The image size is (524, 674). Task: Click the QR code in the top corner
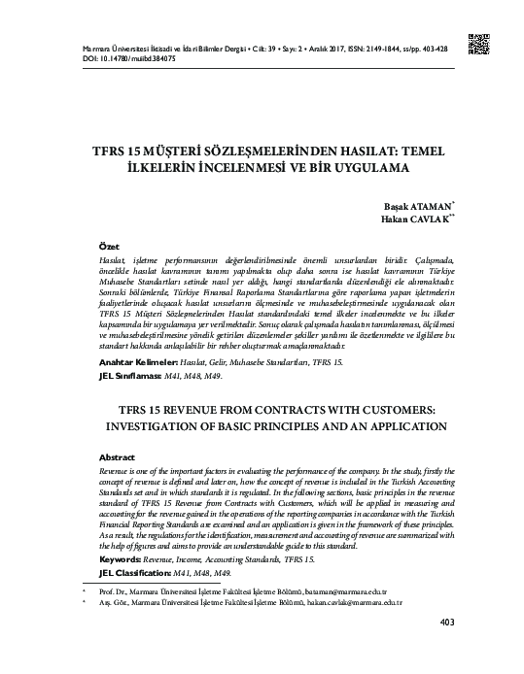point(479,44)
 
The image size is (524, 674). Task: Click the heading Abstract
point(118,456)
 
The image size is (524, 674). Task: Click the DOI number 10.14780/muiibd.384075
point(119,57)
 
